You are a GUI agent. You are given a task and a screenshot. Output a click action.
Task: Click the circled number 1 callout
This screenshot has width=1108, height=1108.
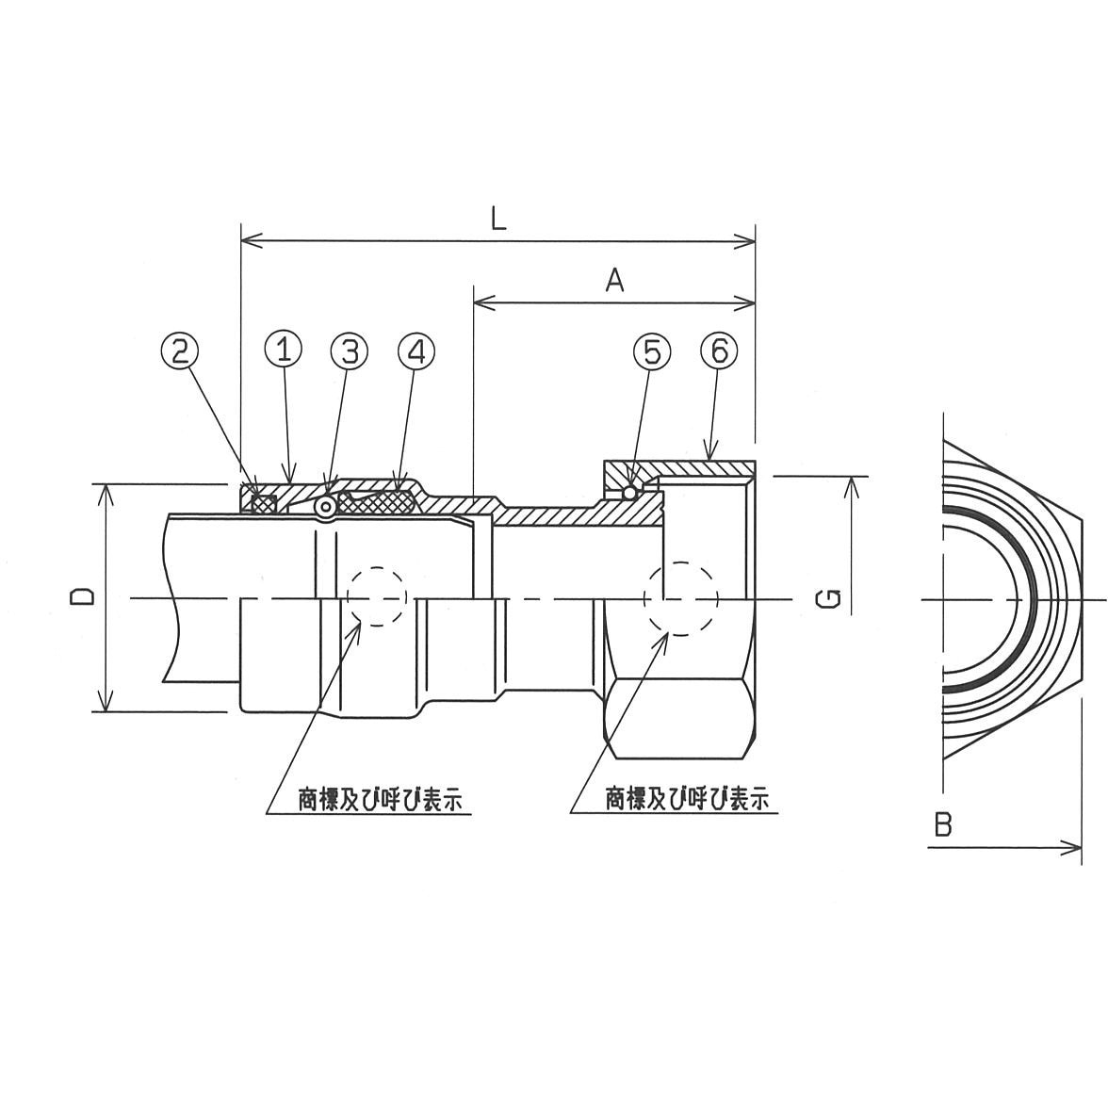coord(283,350)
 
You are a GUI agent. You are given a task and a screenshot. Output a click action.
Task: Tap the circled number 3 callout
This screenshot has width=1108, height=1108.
coord(350,350)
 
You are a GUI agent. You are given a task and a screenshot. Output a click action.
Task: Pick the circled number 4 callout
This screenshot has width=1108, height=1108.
coord(417,350)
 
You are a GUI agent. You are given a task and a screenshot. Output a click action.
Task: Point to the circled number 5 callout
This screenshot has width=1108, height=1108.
coord(652,350)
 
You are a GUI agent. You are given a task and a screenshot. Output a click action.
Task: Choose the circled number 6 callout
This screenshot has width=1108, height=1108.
coord(719,350)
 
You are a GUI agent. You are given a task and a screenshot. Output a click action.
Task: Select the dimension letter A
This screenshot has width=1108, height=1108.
coord(614,281)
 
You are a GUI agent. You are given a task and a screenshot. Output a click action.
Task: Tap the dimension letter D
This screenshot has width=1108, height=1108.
coord(82,595)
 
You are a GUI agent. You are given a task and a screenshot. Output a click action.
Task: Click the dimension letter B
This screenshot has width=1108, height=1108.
coord(942,825)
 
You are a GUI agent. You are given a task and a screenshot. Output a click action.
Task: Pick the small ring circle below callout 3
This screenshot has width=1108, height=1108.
coord(325,508)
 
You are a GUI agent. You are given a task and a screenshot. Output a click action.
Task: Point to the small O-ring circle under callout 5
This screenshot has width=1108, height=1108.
coord(630,492)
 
